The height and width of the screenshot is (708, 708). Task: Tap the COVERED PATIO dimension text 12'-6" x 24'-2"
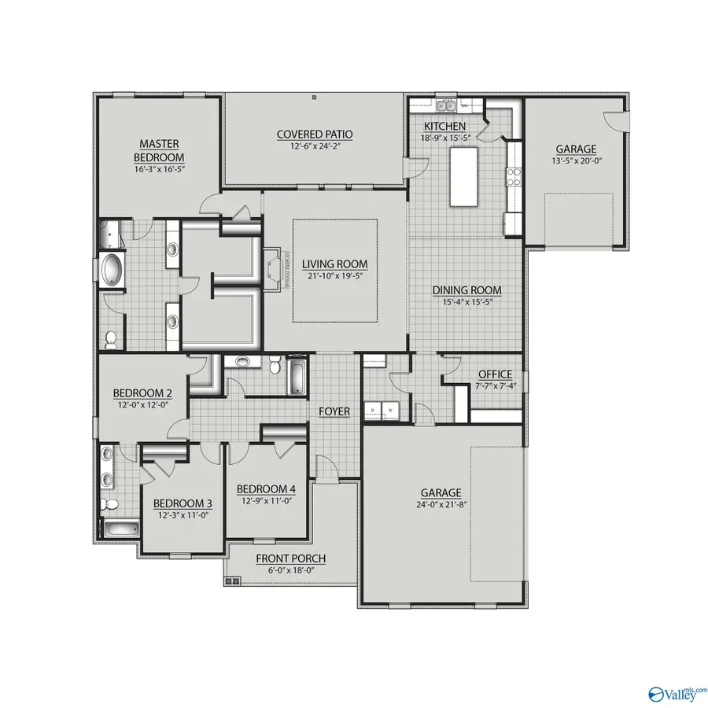[314, 146]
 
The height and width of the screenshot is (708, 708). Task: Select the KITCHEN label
[444, 126]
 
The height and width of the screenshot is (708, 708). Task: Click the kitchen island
[465, 176]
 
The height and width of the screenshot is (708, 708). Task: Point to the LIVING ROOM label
[335, 264]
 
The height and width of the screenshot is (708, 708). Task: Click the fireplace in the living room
[273, 270]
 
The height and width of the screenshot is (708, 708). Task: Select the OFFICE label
[496, 374]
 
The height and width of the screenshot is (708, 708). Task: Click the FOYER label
[334, 411]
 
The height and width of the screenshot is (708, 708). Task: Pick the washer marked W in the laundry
[389, 410]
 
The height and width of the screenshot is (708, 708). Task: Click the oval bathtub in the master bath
[111, 270]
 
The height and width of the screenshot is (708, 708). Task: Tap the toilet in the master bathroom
[111, 339]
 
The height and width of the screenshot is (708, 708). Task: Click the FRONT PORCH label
[290, 559]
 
